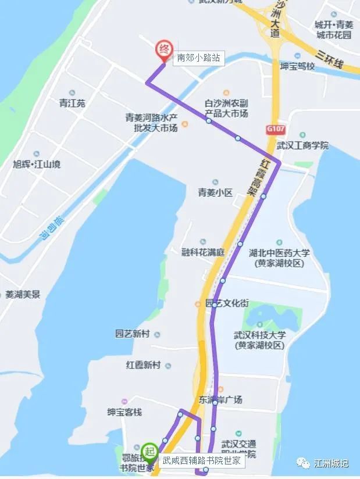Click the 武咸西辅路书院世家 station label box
201,460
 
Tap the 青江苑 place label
72,103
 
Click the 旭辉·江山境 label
37,165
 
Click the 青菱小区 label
215,192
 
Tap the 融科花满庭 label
203,252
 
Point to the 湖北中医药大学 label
279,258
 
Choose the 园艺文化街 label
227,303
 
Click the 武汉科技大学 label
260,340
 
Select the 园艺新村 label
133,334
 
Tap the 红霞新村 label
143,365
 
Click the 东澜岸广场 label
220,399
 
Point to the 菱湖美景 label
23,294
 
